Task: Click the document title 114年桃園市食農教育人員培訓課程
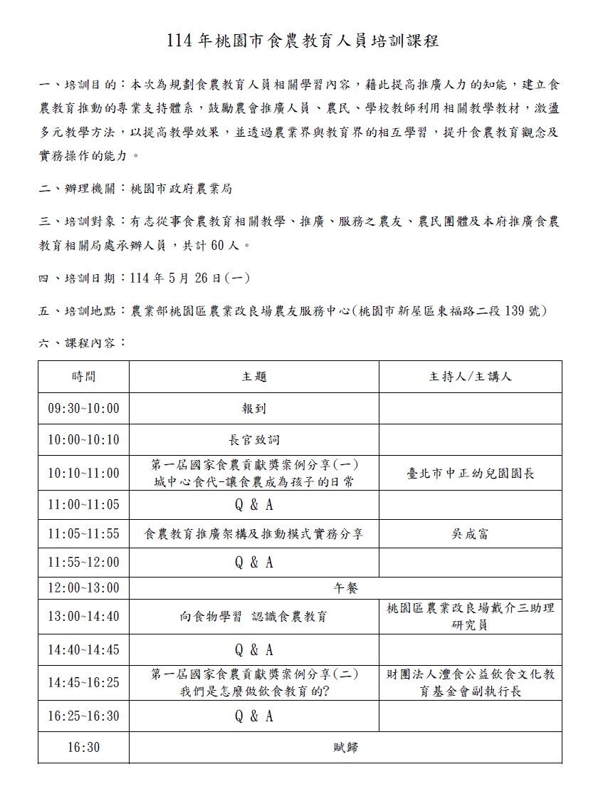point(303,41)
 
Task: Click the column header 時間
point(83,377)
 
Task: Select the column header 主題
point(254,377)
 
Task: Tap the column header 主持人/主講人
point(470,377)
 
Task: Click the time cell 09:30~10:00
point(83,409)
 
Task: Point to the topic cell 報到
point(254,409)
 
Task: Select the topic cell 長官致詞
point(254,440)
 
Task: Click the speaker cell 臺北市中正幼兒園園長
point(470,473)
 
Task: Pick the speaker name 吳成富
point(470,533)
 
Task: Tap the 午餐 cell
point(346,588)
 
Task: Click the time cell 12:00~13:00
point(83,588)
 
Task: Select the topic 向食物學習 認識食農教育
point(254,617)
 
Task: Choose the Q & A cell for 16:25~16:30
point(254,716)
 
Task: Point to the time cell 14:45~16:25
point(83,683)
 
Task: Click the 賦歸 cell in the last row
point(346,748)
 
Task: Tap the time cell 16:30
point(83,748)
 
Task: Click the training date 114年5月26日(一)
point(190,278)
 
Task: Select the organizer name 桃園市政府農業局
point(181,189)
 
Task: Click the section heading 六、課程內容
point(82,343)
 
